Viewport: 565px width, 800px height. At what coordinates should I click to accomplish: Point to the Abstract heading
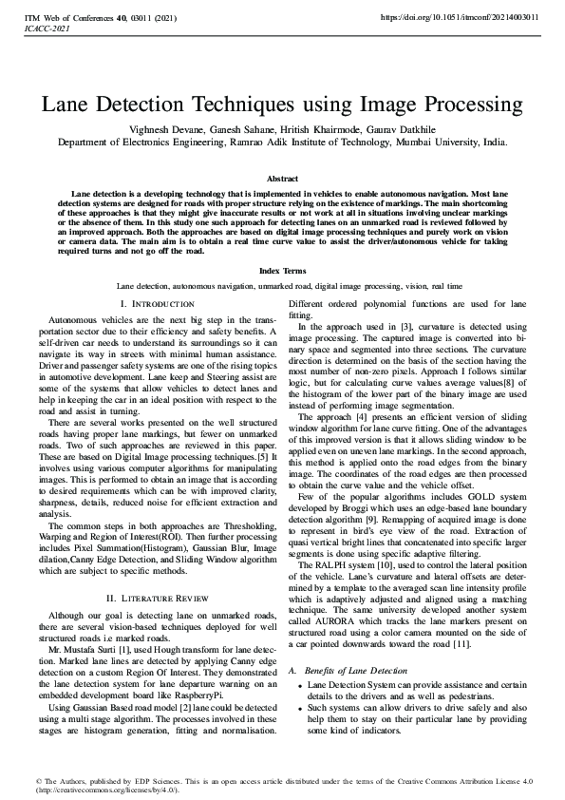coord(282,179)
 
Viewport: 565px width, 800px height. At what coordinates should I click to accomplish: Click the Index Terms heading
coord(282,271)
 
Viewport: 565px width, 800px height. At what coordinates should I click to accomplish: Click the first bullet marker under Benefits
coord(301,685)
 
